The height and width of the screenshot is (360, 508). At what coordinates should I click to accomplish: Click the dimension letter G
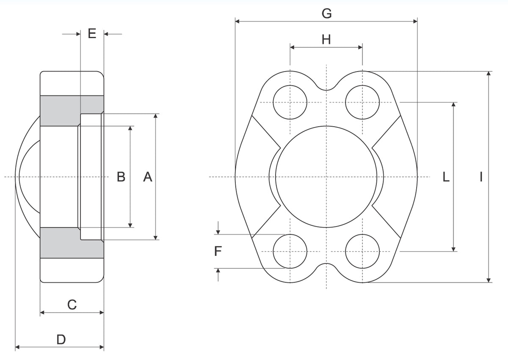326,14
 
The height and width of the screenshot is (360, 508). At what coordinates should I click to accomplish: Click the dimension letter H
326,39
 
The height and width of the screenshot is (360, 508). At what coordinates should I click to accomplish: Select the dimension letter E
92,33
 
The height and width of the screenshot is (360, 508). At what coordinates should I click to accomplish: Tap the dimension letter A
148,177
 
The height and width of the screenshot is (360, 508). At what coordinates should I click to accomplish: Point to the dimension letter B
121,177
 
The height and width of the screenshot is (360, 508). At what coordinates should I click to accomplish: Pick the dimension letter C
72,305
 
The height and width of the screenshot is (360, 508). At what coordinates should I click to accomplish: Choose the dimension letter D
61,340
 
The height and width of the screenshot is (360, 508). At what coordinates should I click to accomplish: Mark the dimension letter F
218,251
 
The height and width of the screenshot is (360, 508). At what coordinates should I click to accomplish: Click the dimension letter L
446,177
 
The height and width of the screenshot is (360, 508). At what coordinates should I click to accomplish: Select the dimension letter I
481,177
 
